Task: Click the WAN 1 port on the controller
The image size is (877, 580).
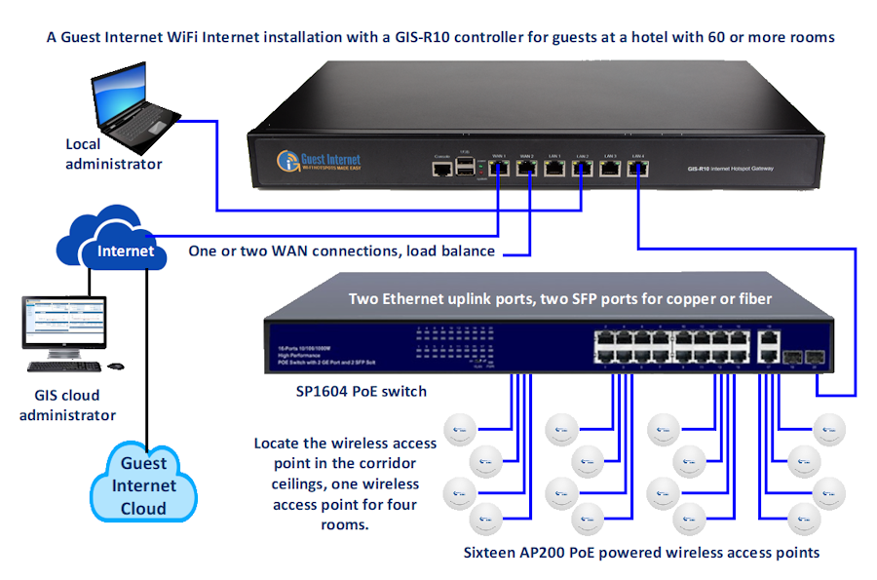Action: [x=499, y=168]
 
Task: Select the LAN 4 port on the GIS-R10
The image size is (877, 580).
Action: [x=638, y=168]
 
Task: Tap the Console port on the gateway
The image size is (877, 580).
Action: [x=442, y=169]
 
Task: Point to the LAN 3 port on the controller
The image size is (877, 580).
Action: [x=610, y=168]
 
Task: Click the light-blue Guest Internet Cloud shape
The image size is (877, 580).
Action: [x=143, y=483]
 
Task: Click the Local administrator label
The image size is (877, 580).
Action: [x=113, y=154]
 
